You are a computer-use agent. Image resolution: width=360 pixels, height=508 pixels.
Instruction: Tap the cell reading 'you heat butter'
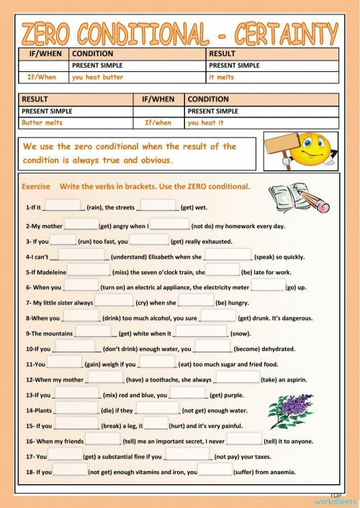click(97, 77)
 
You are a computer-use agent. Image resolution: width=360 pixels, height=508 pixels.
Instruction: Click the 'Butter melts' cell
click(42, 123)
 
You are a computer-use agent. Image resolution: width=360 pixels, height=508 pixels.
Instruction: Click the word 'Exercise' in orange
click(36, 186)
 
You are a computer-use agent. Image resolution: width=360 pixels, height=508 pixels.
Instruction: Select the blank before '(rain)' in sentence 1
click(63, 207)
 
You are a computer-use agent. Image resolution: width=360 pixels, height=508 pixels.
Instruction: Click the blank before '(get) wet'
click(158, 207)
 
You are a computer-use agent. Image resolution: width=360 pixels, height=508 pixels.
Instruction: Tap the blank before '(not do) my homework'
click(169, 224)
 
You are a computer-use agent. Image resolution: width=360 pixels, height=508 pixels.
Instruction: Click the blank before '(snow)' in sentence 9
click(202, 332)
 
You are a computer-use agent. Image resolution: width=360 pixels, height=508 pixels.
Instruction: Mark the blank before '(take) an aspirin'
click(236, 378)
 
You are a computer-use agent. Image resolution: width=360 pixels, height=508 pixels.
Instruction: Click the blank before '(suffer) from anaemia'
click(215, 471)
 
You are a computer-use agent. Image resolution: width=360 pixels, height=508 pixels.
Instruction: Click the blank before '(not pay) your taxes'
click(187, 455)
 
